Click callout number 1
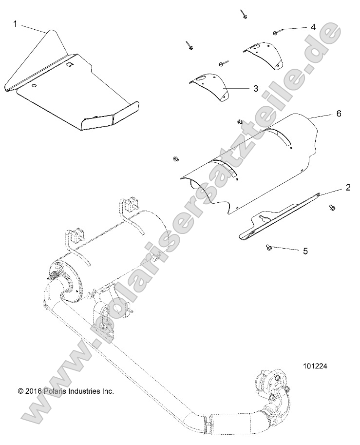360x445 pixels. pyautogui.click(x=15, y=23)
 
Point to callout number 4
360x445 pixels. pyautogui.click(x=313, y=27)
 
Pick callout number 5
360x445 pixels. pyautogui.click(x=305, y=251)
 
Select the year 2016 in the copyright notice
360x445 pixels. pyautogui.click(x=31, y=391)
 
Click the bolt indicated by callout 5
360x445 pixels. pyautogui.click(x=268, y=248)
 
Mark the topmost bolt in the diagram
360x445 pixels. pyautogui.click(x=243, y=14)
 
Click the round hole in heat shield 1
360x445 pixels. pyautogui.click(x=35, y=86)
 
